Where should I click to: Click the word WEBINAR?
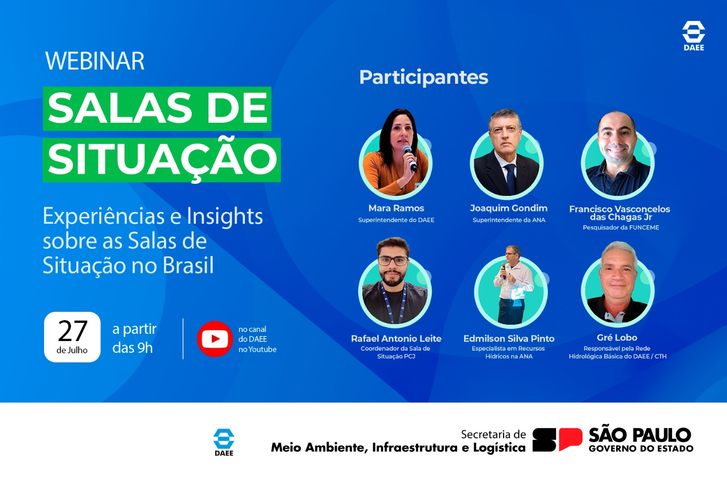(95, 61)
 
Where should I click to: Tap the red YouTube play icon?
(215, 339)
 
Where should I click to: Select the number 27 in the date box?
(73, 331)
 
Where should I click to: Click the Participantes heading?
(423, 78)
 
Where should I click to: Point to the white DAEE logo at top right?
(693, 36)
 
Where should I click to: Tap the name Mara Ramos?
(396, 208)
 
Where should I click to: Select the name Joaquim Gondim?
(508, 208)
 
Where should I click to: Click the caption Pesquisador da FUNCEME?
(621, 228)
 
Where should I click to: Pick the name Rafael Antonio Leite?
(396, 339)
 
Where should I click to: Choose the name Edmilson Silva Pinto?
(509, 339)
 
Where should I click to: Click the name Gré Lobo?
(617, 338)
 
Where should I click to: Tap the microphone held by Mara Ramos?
(409, 158)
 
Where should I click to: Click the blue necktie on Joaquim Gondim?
(511, 179)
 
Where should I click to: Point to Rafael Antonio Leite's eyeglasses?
(393, 261)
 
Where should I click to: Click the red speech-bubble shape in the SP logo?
(571, 439)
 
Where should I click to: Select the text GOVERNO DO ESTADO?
(641, 448)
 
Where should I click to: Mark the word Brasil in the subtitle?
(188, 265)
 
